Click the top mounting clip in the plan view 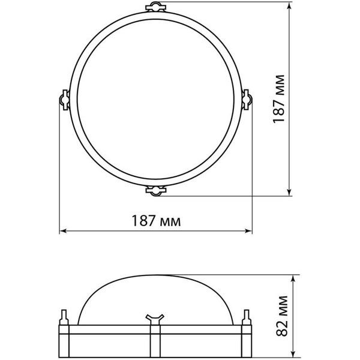click(x=156, y=7)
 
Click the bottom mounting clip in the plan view click(x=156, y=191)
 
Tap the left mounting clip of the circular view click(x=65, y=100)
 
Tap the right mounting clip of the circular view click(x=247, y=100)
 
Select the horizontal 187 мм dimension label click(x=156, y=221)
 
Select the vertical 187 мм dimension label click(x=279, y=99)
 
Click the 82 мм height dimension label click(x=282, y=316)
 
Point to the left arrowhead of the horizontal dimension click(x=62, y=231)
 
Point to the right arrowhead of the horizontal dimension click(x=249, y=231)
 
